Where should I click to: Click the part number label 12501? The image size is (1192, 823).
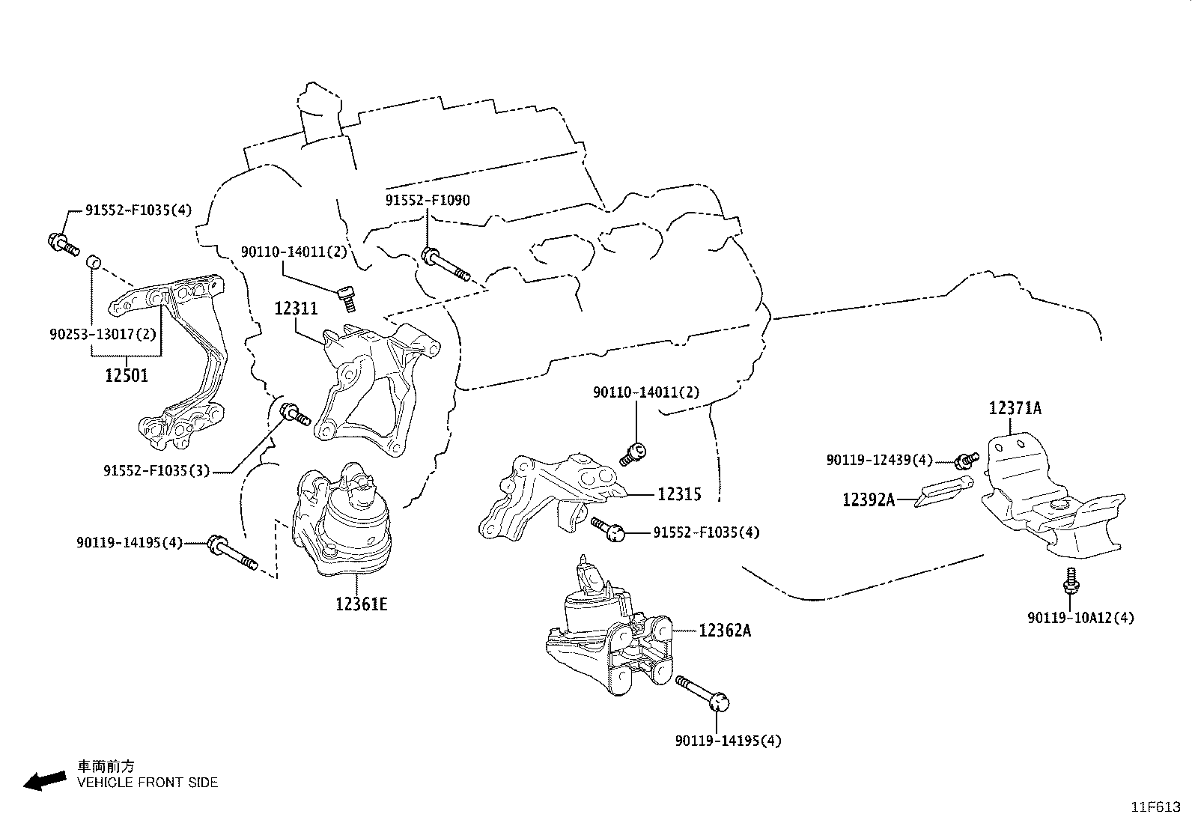[126, 375]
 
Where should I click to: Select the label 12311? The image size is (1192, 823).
[296, 308]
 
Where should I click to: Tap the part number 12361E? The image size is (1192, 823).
[362, 604]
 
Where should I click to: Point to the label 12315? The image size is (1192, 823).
[680, 494]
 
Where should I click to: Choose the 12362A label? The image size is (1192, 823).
[725, 631]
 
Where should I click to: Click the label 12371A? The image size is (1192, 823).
[1015, 408]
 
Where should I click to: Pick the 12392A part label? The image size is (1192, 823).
[869, 499]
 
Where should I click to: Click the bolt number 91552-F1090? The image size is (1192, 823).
[428, 201]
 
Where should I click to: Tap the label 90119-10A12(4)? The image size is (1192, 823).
[1080, 618]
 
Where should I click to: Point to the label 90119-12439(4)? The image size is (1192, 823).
[880, 460]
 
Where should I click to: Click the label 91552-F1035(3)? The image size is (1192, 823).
[156, 471]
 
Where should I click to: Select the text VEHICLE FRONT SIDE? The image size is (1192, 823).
[148, 783]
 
